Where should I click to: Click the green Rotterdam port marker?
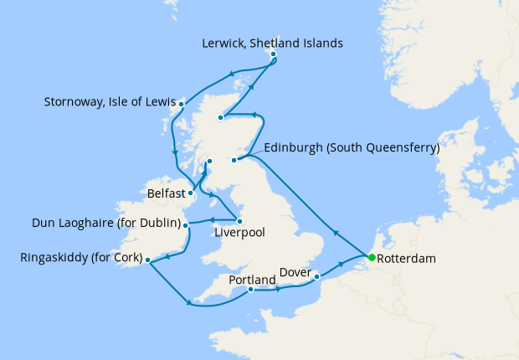[371, 258]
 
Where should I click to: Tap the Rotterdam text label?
[407, 259]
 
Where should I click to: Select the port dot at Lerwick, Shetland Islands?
[273, 56]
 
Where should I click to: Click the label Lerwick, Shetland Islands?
[273, 43]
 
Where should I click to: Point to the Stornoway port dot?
[181, 105]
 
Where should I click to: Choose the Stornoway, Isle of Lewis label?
[109, 104]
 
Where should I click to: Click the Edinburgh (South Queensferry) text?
[352, 148]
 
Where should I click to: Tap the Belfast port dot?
[191, 193]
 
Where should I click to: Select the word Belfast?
[165, 193]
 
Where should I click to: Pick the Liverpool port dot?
[239, 221]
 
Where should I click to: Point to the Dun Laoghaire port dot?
[186, 224]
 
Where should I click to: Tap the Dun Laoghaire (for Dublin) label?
[106, 224]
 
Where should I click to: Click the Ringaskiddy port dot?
[147, 260]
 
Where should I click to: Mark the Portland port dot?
[250, 290]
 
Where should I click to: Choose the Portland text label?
[252, 279]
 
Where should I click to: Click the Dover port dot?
[317, 275]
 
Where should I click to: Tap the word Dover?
[295, 273]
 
